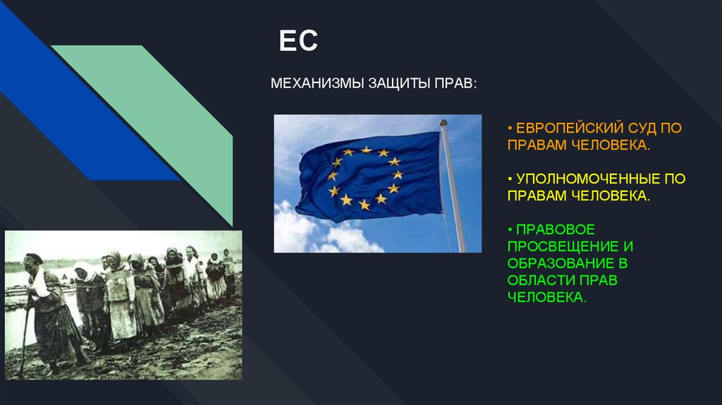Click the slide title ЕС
tap(298, 40)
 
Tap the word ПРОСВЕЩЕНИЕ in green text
tap(563, 246)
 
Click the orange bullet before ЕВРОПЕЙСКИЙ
tap(510, 128)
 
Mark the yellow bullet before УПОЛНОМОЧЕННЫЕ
tap(510, 179)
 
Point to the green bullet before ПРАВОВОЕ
tap(510, 229)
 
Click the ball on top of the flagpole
tap(443, 123)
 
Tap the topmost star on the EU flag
tap(366, 150)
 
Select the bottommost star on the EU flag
tap(365, 205)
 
